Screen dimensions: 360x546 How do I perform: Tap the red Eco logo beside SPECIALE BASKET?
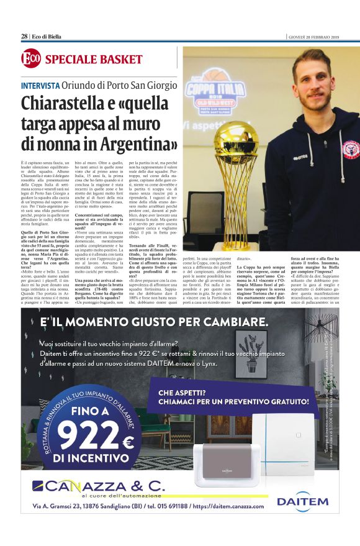pyautogui.click(x=30, y=60)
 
